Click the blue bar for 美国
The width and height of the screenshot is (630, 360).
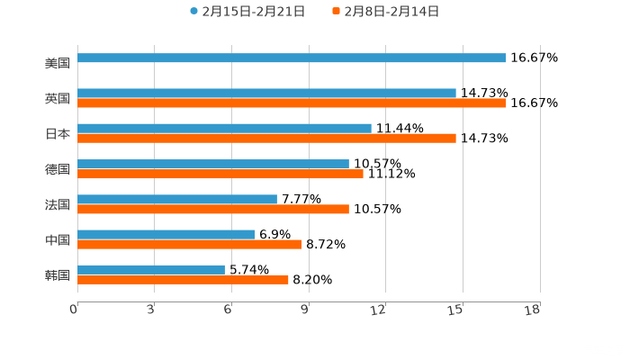[x=292, y=58]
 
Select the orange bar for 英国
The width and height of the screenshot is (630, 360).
[x=292, y=103]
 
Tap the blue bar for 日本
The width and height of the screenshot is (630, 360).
[x=224, y=128]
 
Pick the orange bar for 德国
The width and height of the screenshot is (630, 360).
[x=220, y=174]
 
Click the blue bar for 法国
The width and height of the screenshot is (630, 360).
[x=177, y=199]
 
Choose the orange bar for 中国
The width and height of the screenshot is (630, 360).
[x=189, y=244]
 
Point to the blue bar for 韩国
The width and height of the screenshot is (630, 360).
[x=151, y=269]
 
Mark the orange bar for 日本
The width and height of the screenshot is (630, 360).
[x=266, y=138]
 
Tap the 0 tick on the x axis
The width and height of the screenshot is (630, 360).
[x=74, y=310]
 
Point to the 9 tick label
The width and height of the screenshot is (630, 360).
[x=305, y=310]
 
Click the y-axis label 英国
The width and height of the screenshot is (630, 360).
[x=58, y=98]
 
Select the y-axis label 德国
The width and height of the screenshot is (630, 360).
[x=58, y=169]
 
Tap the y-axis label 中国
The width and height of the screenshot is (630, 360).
[x=58, y=239]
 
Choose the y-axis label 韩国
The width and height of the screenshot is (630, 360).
[x=58, y=274]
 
